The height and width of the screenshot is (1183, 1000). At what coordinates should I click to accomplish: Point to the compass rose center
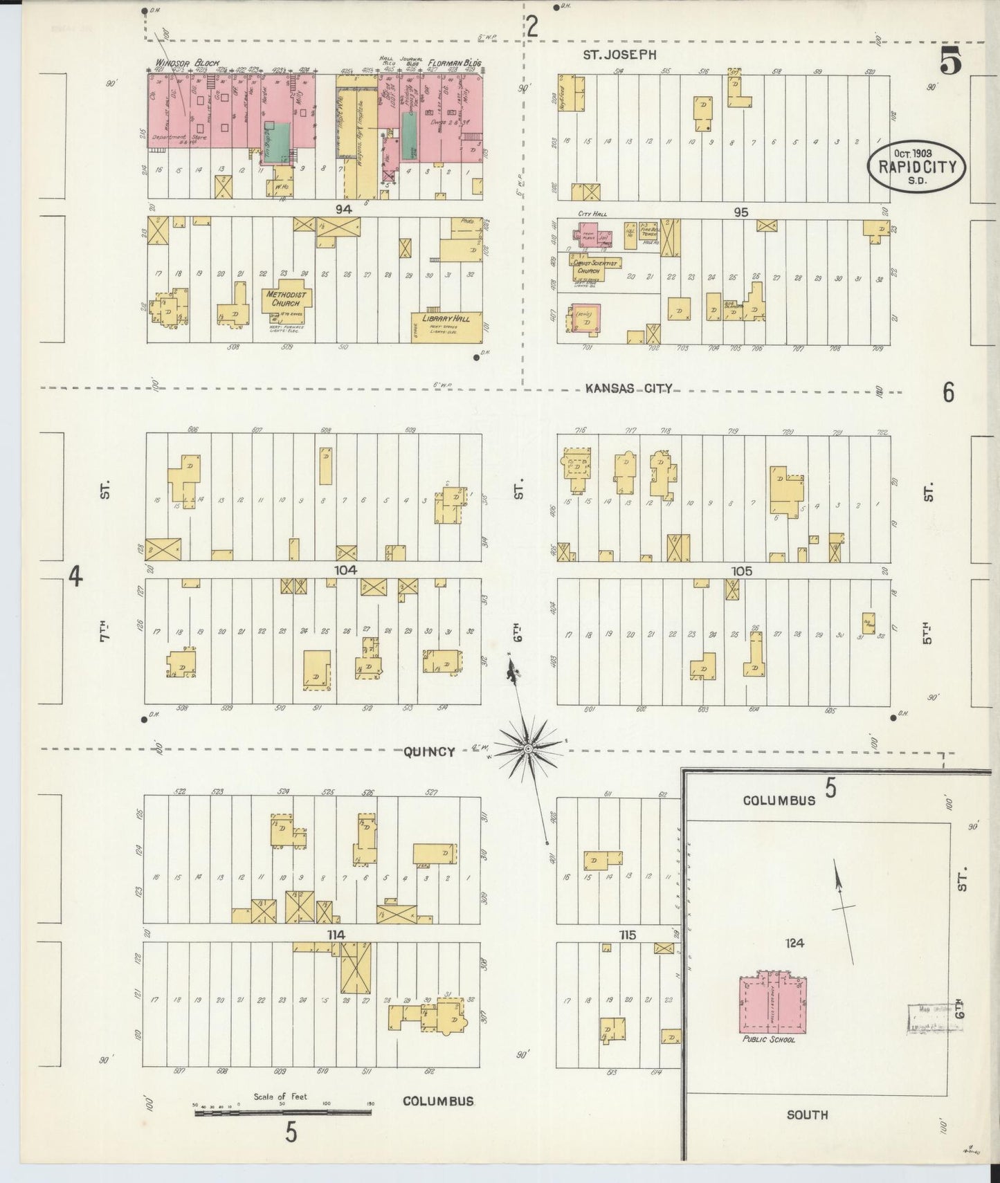point(528,748)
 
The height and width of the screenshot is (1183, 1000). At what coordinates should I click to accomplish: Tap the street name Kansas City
point(628,389)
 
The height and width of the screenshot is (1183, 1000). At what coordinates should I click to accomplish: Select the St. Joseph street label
point(619,55)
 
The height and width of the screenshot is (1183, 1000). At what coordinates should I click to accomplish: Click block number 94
point(343,209)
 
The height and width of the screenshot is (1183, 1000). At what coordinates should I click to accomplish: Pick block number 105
point(741,571)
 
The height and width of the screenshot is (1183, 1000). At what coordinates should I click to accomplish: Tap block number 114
point(336,935)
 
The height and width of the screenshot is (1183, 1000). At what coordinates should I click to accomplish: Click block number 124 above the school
point(794,942)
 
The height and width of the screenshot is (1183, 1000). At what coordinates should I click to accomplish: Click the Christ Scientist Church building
point(595,267)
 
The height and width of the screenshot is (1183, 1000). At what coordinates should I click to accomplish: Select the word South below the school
point(807,1115)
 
